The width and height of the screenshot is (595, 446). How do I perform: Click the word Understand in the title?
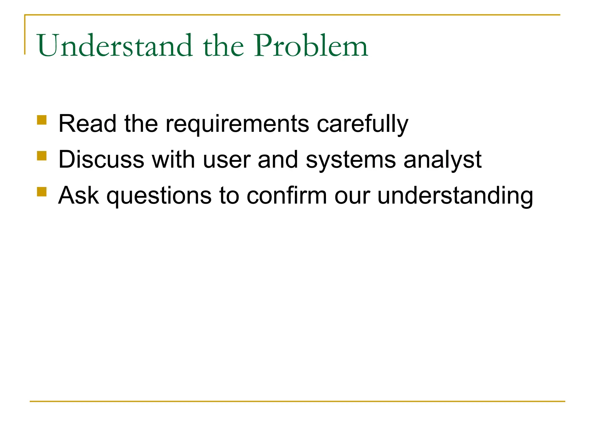point(115,46)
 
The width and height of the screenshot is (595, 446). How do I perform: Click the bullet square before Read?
point(42,120)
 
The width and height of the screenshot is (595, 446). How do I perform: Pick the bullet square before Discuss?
point(42,156)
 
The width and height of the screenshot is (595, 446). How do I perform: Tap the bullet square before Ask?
point(42,192)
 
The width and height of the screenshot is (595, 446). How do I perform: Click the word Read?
point(87,124)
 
